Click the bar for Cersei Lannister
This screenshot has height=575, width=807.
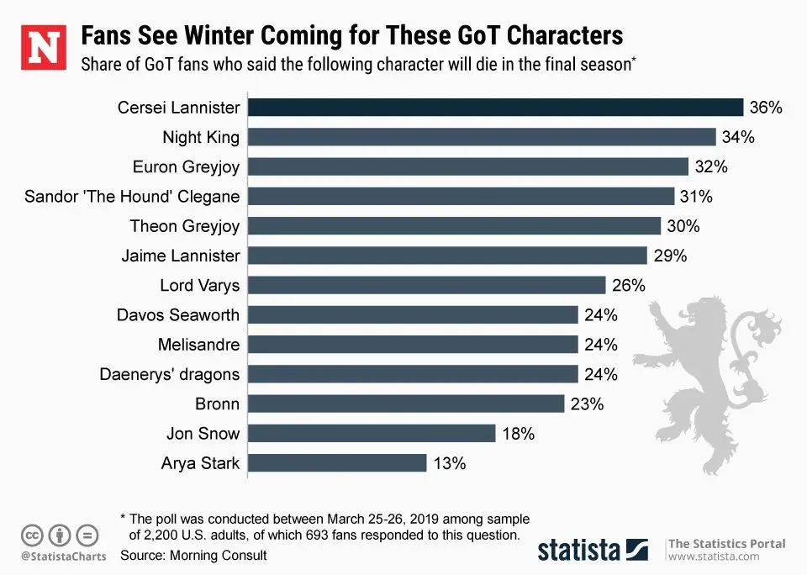496,107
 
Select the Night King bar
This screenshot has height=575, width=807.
483,137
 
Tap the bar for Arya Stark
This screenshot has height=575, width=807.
338,463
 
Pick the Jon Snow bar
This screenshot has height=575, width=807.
372,434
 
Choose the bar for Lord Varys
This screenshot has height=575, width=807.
427,285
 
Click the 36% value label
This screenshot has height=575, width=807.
766,108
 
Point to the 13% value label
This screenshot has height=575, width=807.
450,463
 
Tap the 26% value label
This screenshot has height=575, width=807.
629,285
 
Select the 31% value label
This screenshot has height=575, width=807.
697,197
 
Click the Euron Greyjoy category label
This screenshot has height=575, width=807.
186,166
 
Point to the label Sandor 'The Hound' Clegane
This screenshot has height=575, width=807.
132,197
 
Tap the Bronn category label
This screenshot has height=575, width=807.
217,404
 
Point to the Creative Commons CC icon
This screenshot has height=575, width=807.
32,534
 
